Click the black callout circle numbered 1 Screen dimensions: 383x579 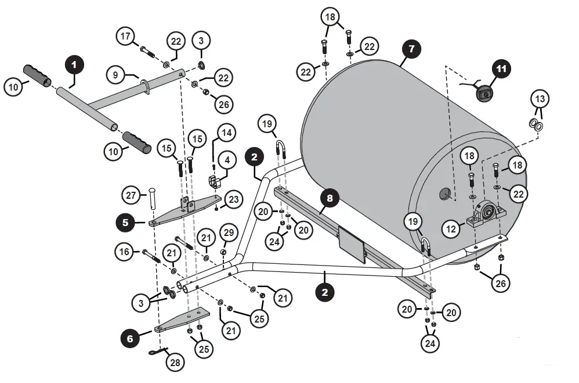click(x=74, y=64)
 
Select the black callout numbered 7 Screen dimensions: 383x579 click(x=411, y=49)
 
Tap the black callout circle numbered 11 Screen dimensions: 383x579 click(x=501, y=69)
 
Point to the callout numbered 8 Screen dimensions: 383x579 click(x=330, y=199)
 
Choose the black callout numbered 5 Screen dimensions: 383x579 click(x=125, y=221)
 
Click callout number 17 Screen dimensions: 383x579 click(x=125, y=37)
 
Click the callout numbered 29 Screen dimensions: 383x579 click(x=228, y=233)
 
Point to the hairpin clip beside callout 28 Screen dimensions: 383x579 click(x=157, y=350)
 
